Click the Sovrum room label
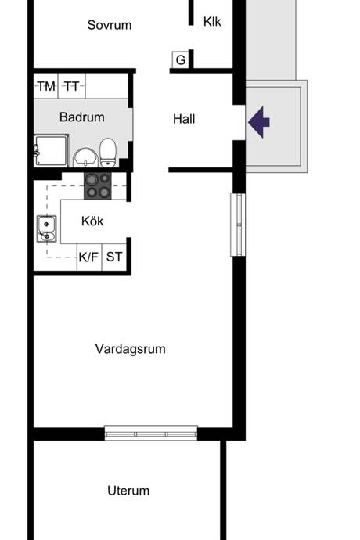click(110, 25)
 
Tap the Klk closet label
click(212, 22)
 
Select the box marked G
click(180, 60)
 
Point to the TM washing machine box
click(46, 86)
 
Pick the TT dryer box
click(72, 86)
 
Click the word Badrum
click(82, 117)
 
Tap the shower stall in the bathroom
click(51, 151)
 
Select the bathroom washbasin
click(85, 158)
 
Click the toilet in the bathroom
click(108, 153)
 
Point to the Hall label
click(184, 119)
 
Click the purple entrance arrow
click(259, 122)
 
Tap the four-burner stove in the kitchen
click(98, 186)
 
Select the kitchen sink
click(46, 229)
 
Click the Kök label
click(92, 221)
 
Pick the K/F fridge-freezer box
click(89, 257)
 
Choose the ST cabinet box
click(114, 257)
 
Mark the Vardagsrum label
click(130, 349)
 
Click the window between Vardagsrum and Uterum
click(151, 434)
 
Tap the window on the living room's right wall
click(238, 225)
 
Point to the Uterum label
click(128, 491)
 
